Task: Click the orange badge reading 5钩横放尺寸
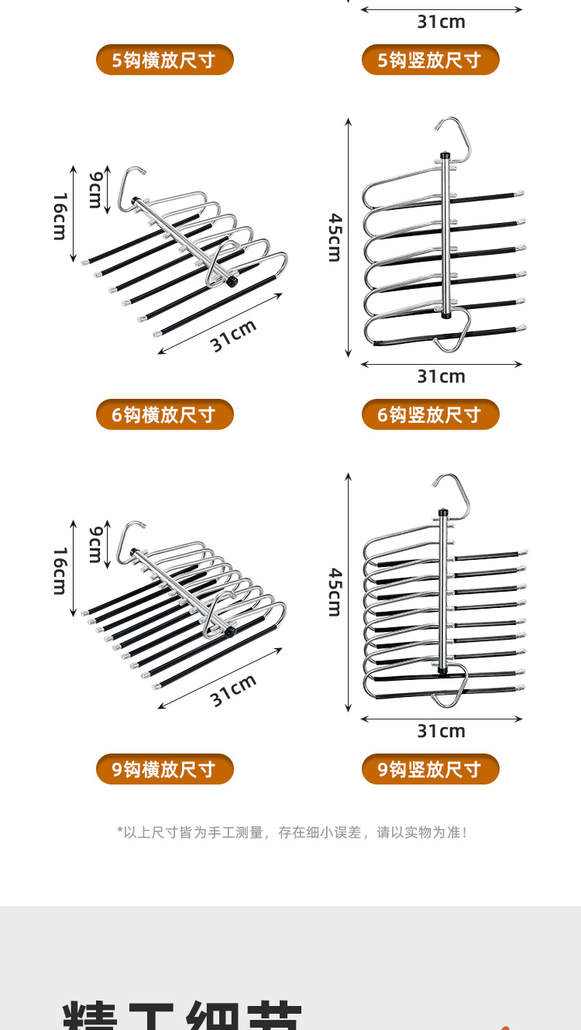(164, 60)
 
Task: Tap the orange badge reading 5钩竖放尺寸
(430, 60)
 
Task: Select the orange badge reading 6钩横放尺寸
(164, 414)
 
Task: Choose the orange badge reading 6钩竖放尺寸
(430, 414)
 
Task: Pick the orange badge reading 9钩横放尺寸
(164, 769)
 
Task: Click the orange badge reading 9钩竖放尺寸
(430, 769)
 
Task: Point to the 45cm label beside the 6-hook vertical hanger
(334, 238)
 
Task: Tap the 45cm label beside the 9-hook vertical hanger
(334, 592)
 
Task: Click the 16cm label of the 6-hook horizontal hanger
(60, 216)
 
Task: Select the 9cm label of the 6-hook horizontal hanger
(95, 190)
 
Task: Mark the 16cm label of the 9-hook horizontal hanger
(60, 571)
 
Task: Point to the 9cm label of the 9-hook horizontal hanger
(95, 544)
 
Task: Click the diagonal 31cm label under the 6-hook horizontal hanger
(233, 336)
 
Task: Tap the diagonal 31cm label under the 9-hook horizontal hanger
(233, 690)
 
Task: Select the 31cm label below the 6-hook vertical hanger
(441, 376)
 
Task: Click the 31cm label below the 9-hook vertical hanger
(441, 731)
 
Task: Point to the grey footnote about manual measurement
(291, 833)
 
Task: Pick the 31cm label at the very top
(441, 22)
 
